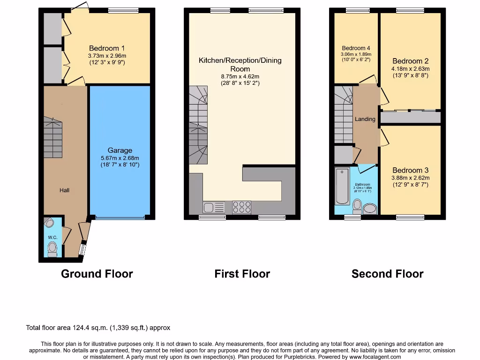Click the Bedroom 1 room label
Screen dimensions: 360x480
(107, 48)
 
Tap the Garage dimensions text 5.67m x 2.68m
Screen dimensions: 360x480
(120, 158)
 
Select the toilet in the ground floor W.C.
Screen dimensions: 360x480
(52, 248)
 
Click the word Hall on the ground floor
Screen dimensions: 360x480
(64, 190)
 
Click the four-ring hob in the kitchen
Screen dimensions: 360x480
(241, 207)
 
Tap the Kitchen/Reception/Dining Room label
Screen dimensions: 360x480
(240, 65)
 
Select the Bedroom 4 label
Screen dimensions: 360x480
(356, 48)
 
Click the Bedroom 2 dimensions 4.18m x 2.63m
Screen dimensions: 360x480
(411, 68)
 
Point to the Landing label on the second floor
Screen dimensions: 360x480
(365, 119)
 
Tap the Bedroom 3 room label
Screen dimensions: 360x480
(411, 170)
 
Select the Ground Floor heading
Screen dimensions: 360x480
(97, 274)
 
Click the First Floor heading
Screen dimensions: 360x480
(242, 274)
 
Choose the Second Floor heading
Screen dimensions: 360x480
(387, 274)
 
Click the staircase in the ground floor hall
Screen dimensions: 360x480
(53, 138)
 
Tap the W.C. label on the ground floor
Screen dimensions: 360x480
(52, 237)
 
